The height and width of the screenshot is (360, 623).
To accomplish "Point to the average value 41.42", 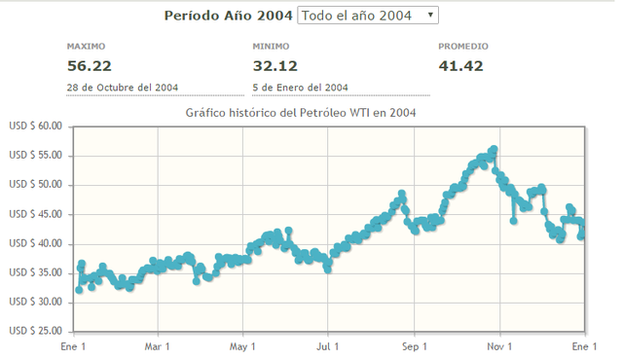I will tap(460, 66).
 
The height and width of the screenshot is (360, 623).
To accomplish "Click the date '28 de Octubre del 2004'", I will tap(122, 88).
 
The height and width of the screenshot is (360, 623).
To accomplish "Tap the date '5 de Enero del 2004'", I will tap(300, 88).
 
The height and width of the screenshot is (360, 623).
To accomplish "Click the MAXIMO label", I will tap(86, 46).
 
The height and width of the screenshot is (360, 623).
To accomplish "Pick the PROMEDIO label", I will tap(463, 46).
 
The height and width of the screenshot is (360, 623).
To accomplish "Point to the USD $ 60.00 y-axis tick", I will tap(35, 126).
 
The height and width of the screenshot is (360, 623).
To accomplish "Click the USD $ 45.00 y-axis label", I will tap(35, 214).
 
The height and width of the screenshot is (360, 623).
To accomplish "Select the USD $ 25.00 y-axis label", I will tap(35, 332).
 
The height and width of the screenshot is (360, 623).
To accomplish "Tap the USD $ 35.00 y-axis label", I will tap(35, 273).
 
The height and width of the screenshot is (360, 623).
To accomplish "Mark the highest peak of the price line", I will tap(494, 150).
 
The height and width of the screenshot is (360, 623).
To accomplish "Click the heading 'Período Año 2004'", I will tap(228, 16).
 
